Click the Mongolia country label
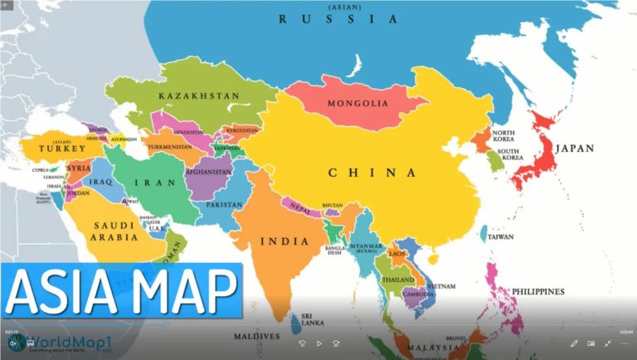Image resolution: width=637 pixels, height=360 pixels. point(357,104)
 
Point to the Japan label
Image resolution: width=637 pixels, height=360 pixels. point(575,148)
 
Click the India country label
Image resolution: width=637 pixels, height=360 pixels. point(284,241)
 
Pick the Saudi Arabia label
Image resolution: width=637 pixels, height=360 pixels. point(114,231)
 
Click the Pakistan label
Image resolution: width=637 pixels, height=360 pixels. point(225,204)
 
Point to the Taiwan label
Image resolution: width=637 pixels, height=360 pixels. point(500,237)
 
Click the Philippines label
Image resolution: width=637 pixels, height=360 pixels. point(537,292)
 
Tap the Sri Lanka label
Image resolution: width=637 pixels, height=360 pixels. point(312,319)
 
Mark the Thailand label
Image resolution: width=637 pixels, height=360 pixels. point(397,280)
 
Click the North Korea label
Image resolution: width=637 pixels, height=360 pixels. point(504,136)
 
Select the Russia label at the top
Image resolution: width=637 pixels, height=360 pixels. point(338,18)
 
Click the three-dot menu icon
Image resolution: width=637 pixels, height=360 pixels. point(624,343)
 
